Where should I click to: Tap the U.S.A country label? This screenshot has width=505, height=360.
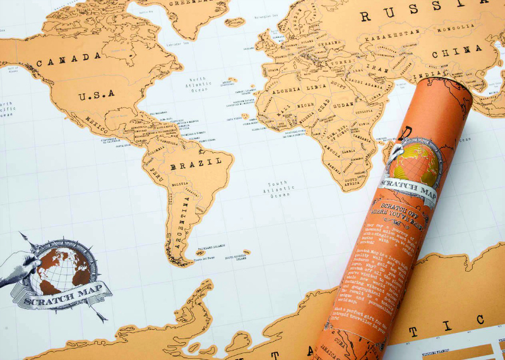tap(96, 95)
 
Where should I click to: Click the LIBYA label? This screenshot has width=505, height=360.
tap(317, 86)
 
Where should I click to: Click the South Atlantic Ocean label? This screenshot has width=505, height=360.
tap(281, 189)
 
